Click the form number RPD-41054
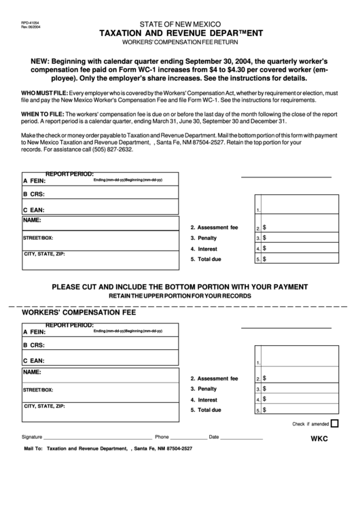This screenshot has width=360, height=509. (x=31, y=22)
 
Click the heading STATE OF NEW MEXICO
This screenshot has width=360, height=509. (x=181, y=23)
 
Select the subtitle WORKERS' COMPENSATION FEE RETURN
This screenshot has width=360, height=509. (x=181, y=42)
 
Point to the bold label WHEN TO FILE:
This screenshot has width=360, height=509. (x=43, y=113)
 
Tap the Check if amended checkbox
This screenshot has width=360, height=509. (x=334, y=423)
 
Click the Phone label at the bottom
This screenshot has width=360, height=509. (x=162, y=437)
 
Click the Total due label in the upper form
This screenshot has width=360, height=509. (x=206, y=260)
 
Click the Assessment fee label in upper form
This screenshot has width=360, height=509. (x=214, y=227)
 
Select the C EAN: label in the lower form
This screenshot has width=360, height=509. (x=34, y=360)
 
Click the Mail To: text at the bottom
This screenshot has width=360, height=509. (x=33, y=449)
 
